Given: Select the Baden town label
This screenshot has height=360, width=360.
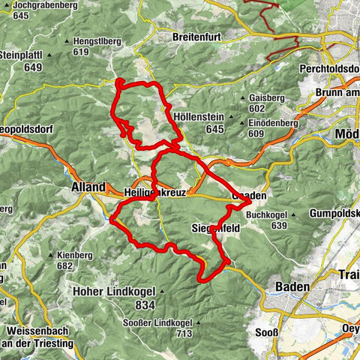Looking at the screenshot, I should click(x=291, y=286).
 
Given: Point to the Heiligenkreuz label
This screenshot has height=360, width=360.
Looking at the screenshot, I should click(x=152, y=193).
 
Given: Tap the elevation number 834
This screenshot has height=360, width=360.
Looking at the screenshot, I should click(x=145, y=305).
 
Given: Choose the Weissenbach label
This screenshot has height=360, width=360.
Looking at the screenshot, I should click(x=35, y=331).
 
